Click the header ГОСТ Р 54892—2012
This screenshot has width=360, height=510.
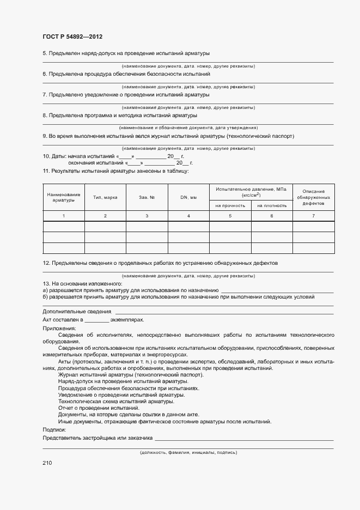[72, 37]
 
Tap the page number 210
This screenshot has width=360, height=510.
[47, 463]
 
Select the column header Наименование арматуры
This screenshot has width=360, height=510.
[64, 197]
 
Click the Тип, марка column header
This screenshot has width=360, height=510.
[105, 197]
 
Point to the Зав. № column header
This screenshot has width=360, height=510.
[147, 197]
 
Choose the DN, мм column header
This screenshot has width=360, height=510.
[188, 197]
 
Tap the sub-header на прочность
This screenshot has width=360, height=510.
[230, 205]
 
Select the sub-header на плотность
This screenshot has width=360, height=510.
[272, 205]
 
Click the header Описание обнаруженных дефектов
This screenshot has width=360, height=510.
[313, 197]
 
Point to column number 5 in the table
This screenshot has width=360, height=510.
[230, 216]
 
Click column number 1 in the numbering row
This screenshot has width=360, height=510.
[64, 216]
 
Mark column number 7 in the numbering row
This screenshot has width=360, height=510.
[313, 216]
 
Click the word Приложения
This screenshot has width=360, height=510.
[59, 329]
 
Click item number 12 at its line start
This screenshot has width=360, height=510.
[46, 263]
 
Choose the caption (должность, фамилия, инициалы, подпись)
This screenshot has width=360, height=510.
[188, 453]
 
